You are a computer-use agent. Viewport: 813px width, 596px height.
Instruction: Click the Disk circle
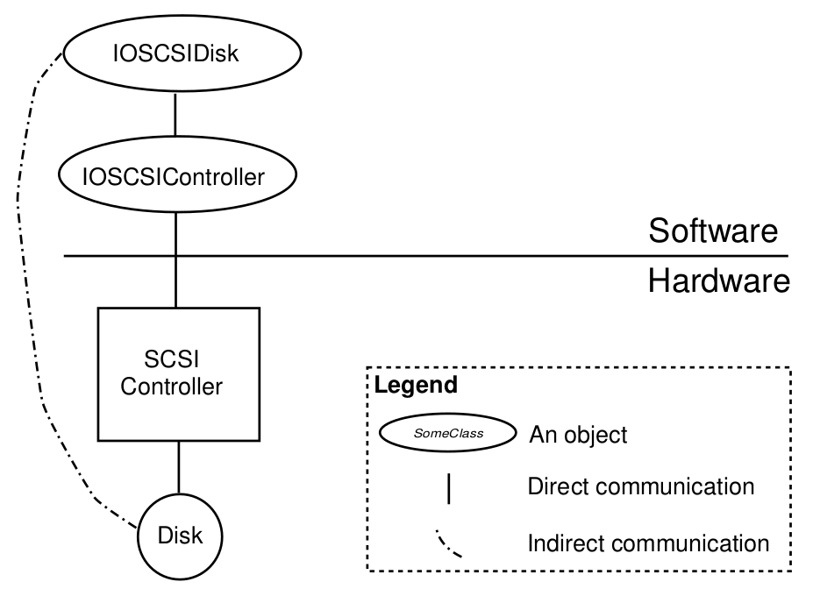click(x=179, y=536)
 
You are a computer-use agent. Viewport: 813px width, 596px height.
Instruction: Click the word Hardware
click(x=719, y=281)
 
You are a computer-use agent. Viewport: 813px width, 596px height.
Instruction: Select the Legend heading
click(x=416, y=385)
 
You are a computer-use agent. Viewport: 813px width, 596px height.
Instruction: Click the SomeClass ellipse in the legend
click(x=446, y=433)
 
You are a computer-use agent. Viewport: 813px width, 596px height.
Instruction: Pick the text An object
click(x=578, y=435)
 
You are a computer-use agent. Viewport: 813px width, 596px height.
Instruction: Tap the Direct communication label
click(x=640, y=486)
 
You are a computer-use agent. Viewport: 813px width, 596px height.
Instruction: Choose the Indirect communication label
click(x=648, y=543)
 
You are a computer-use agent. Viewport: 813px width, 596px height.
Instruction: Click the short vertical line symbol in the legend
click(x=448, y=488)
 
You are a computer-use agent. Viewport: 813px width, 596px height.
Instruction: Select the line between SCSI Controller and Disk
click(x=179, y=470)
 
